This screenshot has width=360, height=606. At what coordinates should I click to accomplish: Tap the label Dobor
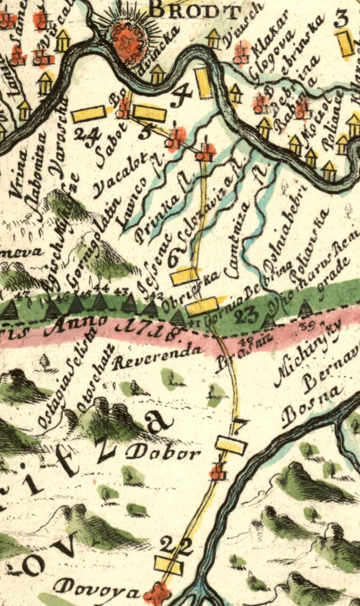[163, 452]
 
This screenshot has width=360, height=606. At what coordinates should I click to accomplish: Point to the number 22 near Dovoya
[176, 546]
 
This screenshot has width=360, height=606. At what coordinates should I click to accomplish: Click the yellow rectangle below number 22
[168, 564]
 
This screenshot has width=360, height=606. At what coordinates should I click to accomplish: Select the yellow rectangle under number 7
[231, 445]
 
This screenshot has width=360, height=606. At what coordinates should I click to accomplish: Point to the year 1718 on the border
[149, 329]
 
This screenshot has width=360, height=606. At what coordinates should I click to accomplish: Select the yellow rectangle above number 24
[89, 114]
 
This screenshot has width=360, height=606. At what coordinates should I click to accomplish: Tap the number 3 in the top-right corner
[342, 19]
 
